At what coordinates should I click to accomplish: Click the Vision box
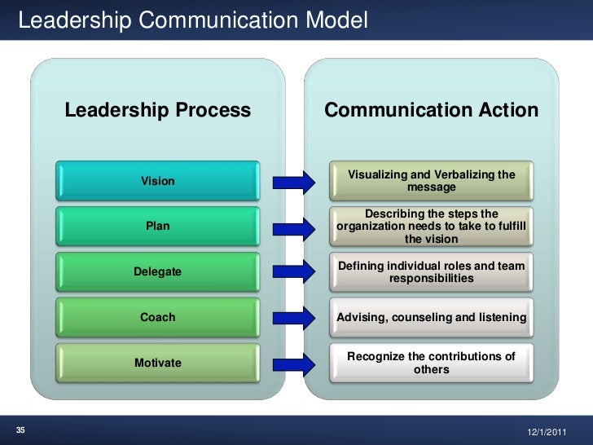coord(158,181)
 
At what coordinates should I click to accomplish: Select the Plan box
coord(158,226)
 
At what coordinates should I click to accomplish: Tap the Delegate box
coord(158,271)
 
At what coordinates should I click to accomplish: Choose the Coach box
coord(158,317)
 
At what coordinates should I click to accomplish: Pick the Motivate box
coord(158,363)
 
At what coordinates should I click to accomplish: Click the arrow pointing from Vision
coord(293,181)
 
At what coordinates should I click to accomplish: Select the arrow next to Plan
coord(293,226)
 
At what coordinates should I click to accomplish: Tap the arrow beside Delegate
coord(293,271)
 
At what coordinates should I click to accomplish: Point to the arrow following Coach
coord(293,317)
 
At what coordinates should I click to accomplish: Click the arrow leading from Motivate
coord(293,363)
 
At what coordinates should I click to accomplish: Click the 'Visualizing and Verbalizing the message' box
coord(432,181)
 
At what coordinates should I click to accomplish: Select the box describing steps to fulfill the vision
coord(432,226)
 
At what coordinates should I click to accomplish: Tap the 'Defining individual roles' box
coord(432,271)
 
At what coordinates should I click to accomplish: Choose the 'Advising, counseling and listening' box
coord(432,317)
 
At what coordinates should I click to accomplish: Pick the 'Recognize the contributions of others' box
coord(432,363)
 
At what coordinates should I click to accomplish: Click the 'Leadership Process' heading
coord(157,110)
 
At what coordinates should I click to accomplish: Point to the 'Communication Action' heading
coord(431,110)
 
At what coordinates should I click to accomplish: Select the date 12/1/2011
coord(550,430)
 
